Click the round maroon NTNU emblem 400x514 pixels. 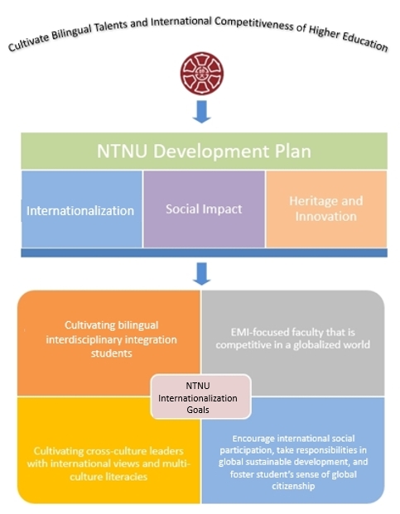(201, 74)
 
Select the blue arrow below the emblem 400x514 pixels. (201, 112)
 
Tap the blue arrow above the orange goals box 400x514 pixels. (201, 274)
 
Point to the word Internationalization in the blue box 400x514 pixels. (80, 211)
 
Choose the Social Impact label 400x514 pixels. (204, 209)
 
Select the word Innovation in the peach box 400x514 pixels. (326, 216)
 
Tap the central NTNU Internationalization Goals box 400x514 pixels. (201, 397)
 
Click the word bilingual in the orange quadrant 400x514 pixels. (138, 325)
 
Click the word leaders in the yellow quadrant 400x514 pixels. (166, 451)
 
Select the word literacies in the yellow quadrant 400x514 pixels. (128, 476)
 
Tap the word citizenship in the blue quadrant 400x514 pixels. (293, 486)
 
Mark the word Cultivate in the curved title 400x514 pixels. (28, 43)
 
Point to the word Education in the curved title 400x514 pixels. (365, 41)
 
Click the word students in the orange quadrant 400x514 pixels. (112, 353)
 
